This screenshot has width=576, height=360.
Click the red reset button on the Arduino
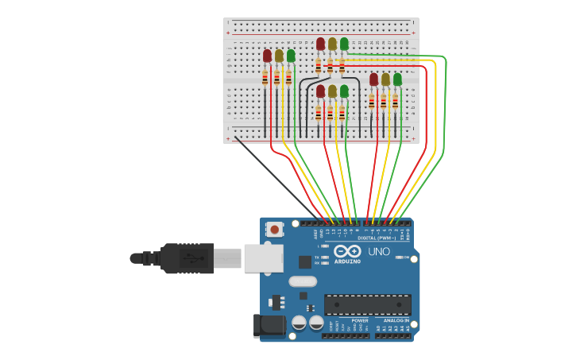coord(274,230)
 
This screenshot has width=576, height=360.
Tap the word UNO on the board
coord(379,252)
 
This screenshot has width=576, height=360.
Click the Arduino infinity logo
coord(347,252)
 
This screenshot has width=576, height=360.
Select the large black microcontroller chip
coord(367,304)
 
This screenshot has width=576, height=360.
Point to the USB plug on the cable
coord(187,258)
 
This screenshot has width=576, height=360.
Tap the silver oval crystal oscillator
coord(303,281)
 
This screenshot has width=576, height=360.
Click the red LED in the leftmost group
coord(268,56)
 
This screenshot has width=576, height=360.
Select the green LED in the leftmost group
coord(291,56)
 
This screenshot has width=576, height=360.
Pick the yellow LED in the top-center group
coord(332,44)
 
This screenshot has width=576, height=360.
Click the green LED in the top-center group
coord(344,44)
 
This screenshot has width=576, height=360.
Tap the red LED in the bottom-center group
coord(320,91)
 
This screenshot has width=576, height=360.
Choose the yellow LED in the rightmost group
coord(385,79)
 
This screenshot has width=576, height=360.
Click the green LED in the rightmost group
coord(397,79)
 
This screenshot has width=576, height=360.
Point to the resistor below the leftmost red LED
coord(265,77)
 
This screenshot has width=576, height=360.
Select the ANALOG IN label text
coord(395,320)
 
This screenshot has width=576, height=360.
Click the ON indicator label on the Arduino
coord(404,257)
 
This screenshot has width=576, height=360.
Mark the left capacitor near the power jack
coord(300,323)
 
